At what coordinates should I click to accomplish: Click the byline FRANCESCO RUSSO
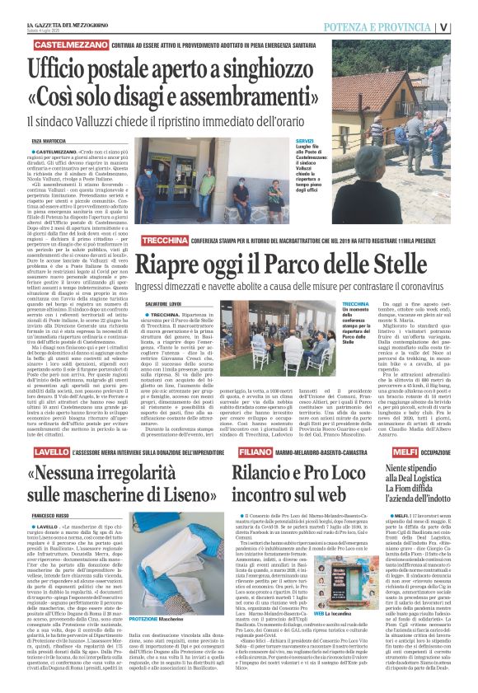coord(54,514)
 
